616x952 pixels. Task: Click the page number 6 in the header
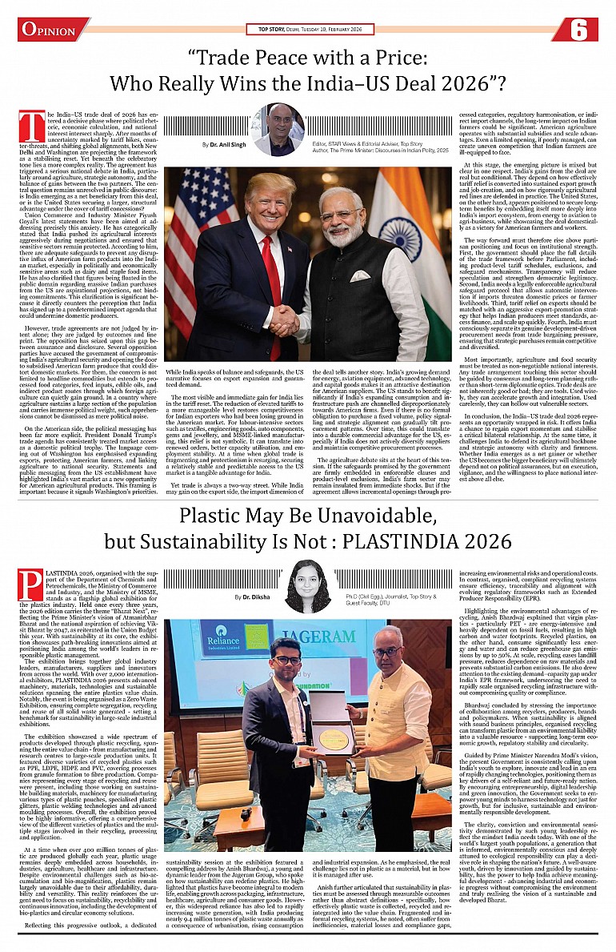581,30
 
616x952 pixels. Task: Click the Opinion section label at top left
49,30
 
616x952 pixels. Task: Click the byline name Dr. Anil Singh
229,144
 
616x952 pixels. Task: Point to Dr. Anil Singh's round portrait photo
277,128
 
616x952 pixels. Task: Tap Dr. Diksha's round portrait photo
308,586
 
